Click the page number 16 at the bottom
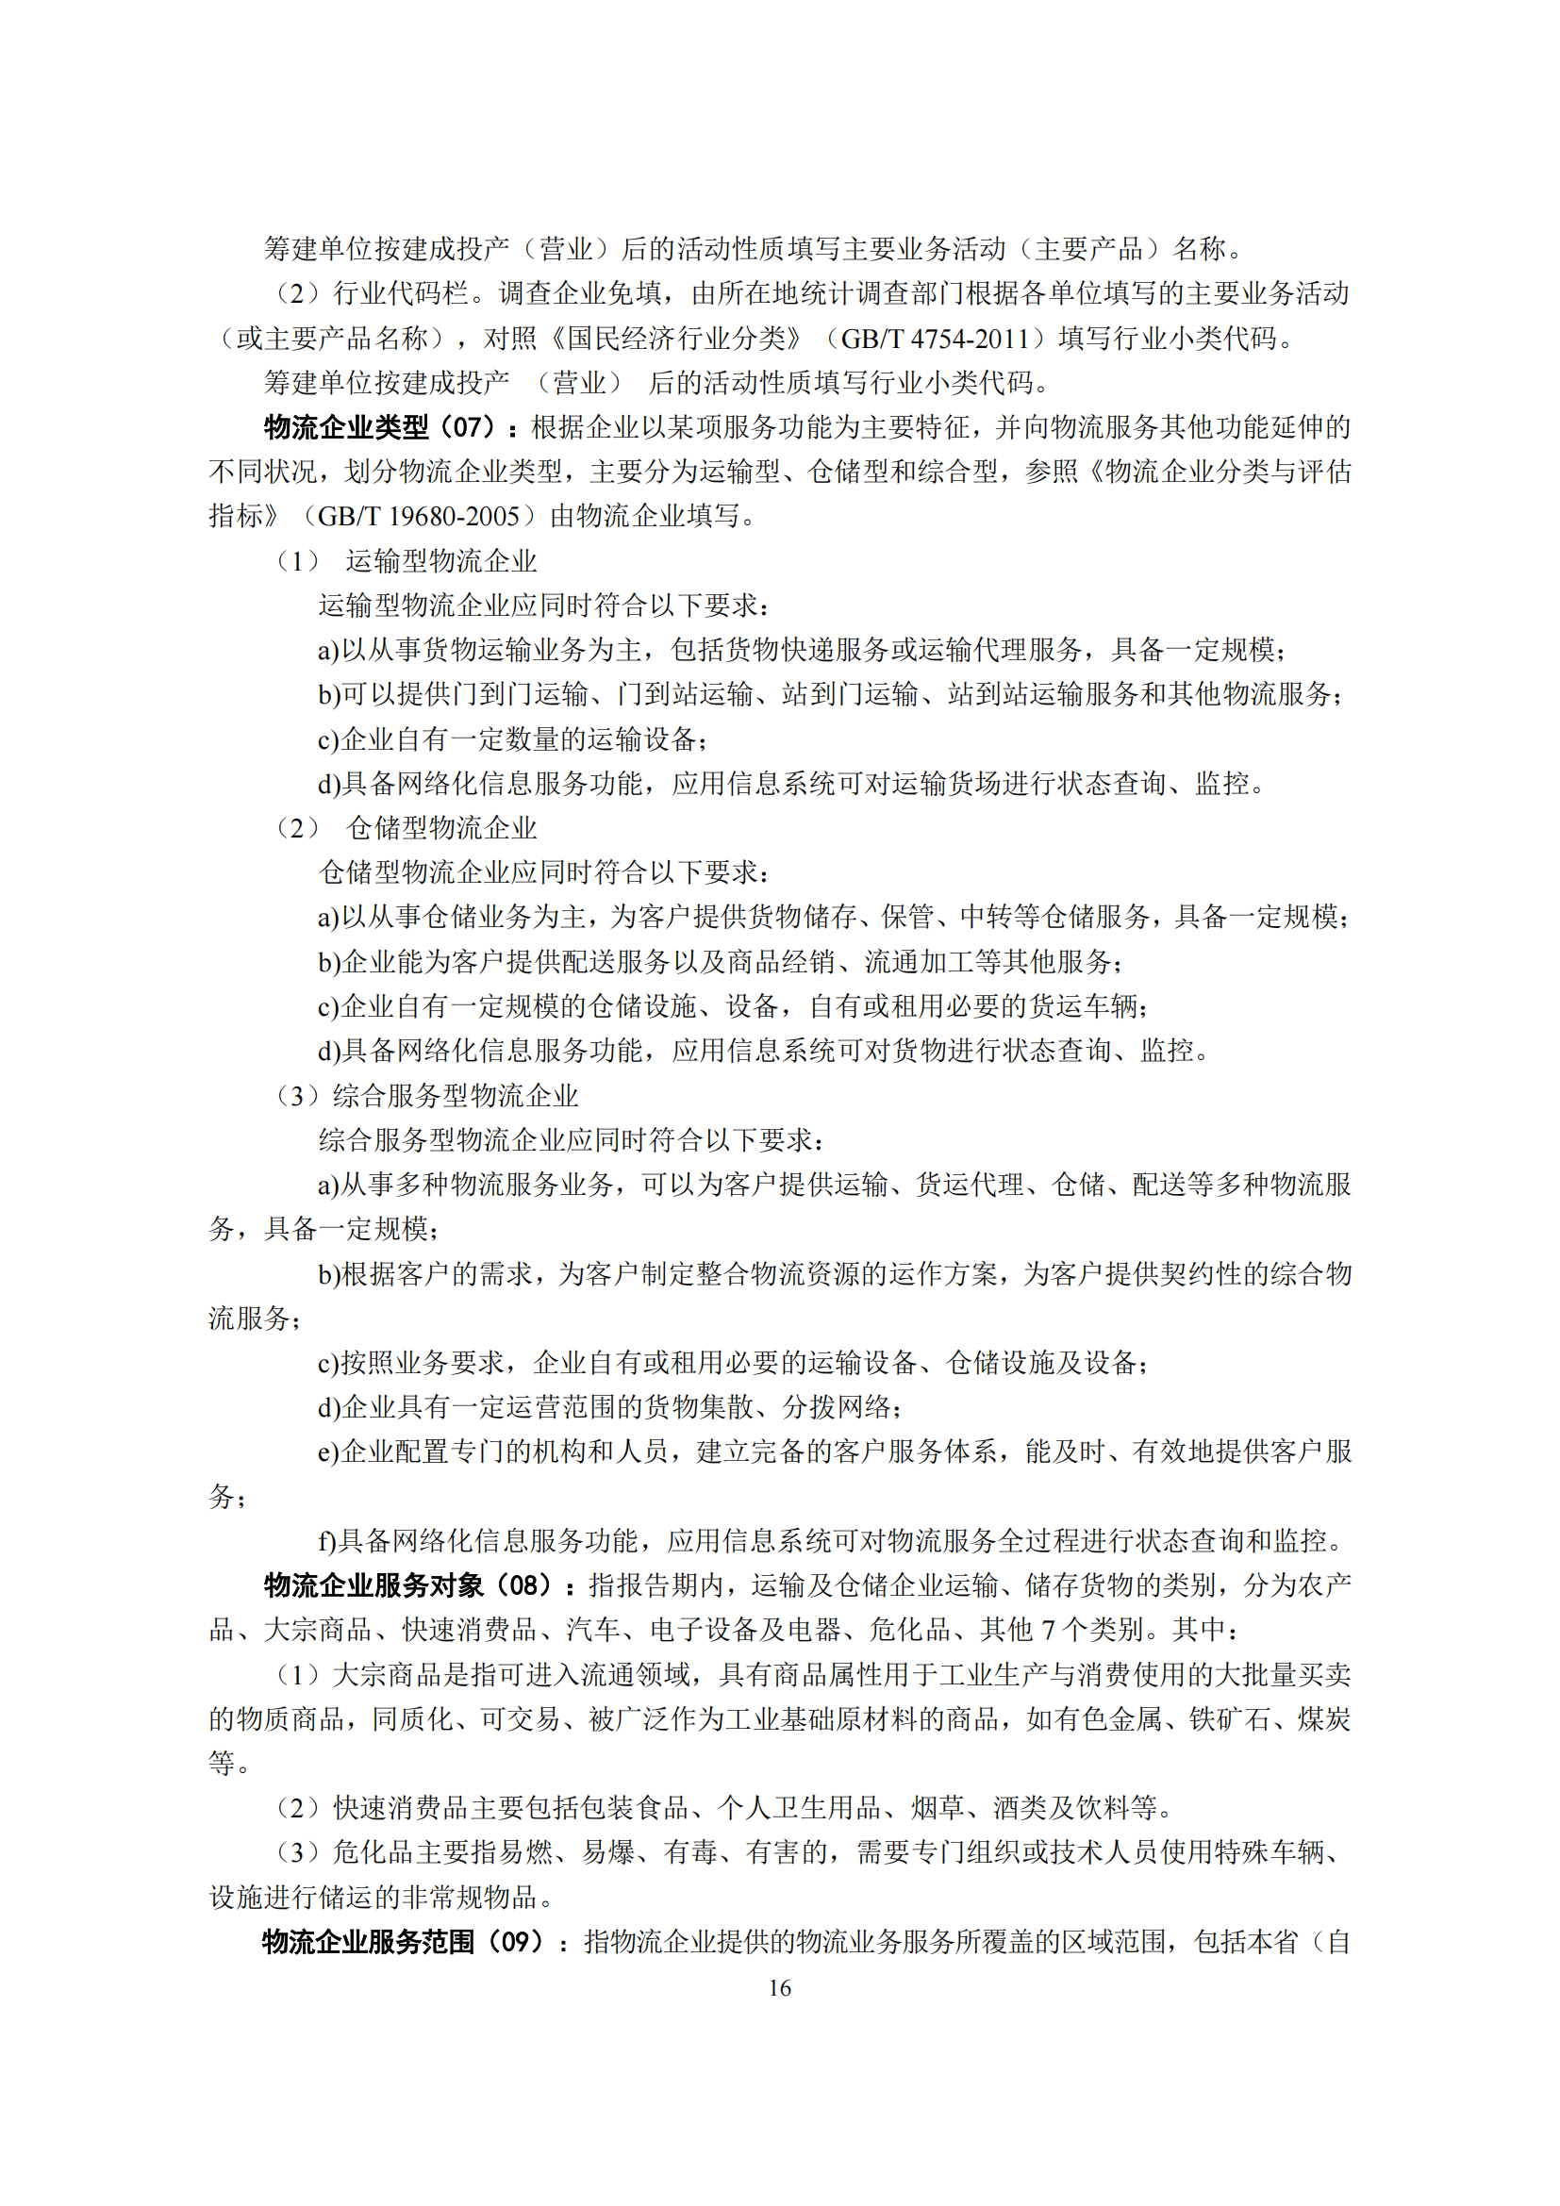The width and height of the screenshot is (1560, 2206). pos(779,1987)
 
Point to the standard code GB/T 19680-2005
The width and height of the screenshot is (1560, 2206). pos(418,516)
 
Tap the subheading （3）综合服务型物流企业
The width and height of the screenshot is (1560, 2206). pos(426,1094)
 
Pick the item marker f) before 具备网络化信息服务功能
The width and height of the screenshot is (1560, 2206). pos(327,1540)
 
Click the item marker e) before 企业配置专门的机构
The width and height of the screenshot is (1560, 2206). pos(328,1451)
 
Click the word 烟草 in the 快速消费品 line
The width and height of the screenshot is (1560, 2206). pos(938,1807)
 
